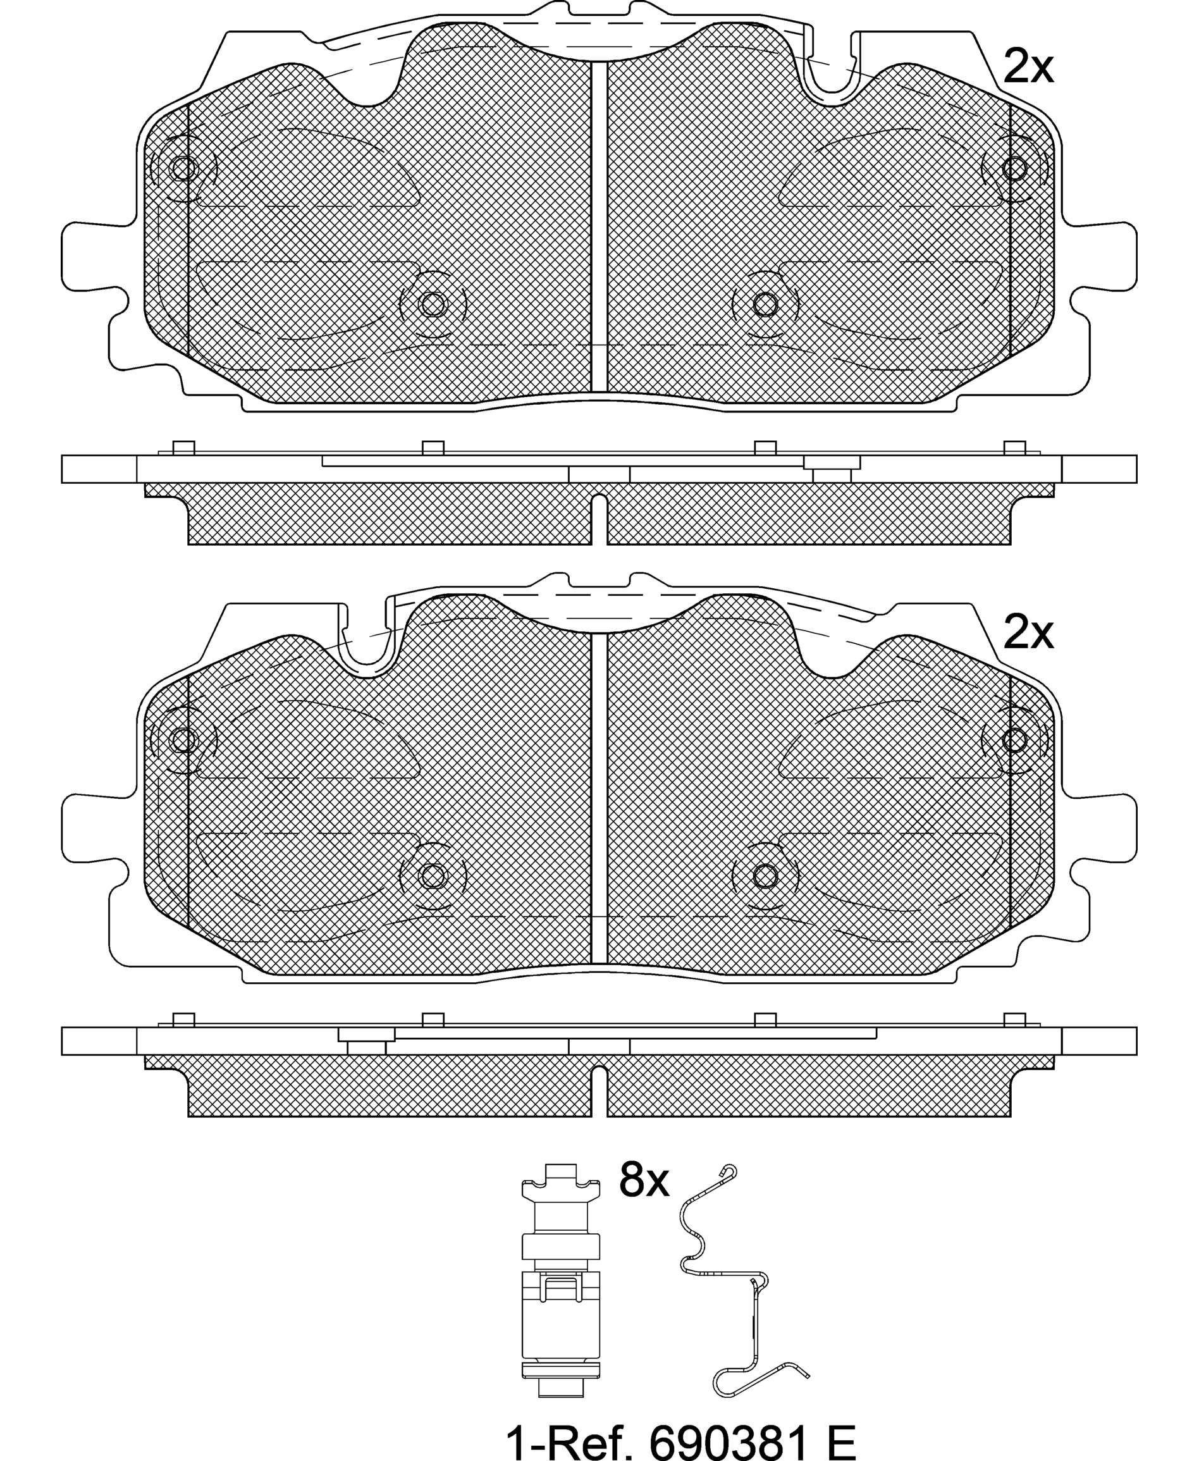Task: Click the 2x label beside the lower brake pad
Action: tap(1028, 632)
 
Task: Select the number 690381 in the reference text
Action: tap(729, 1437)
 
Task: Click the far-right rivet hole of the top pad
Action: tap(1014, 168)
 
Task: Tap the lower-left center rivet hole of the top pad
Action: tap(433, 304)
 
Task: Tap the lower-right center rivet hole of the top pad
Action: tap(765, 304)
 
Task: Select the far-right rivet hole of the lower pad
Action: tap(1014, 740)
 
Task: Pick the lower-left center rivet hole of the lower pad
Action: tap(433, 876)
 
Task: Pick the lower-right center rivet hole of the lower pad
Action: tap(765, 876)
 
